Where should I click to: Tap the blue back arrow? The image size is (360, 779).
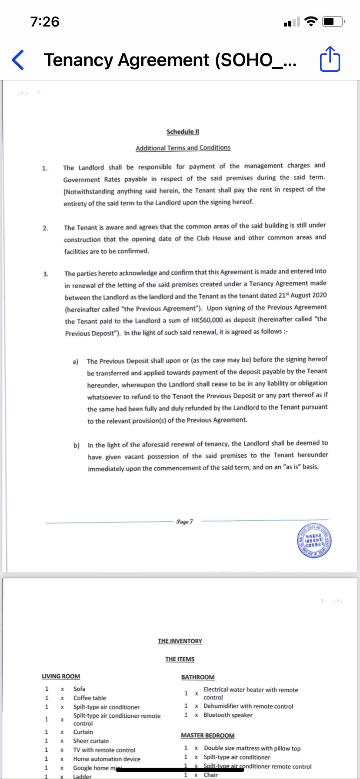click(x=18, y=60)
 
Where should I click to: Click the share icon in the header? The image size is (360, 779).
click(x=330, y=60)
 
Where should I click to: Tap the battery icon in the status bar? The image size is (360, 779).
click(x=333, y=21)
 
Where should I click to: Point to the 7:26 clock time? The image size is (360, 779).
click(x=45, y=21)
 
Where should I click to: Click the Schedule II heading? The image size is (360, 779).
click(x=183, y=132)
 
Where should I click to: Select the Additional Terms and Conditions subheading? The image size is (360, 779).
click(x=183, y=148)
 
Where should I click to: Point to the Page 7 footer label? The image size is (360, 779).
click(x=185, y=521)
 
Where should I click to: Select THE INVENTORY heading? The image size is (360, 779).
click(x=180, y=641)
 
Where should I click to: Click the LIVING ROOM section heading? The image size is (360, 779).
click(x=61, y=676)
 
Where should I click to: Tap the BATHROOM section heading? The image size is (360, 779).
click(x=198, y=677)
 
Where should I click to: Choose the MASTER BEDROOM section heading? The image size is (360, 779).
click(x=207, y=736)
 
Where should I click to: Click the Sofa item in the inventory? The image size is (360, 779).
click(x=79, y=689)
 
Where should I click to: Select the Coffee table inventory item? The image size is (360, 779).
click(x=90, y=698)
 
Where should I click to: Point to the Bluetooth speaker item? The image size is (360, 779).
click(x=228, y=715)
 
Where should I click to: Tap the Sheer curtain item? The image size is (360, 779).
click(x=91, y=741)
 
